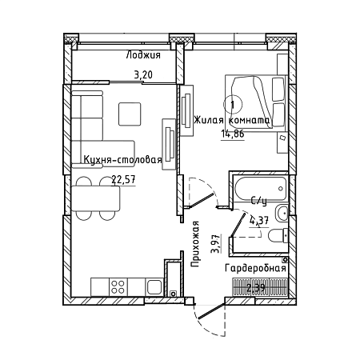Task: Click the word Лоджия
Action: (143, 55)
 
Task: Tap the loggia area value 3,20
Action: (143, 74)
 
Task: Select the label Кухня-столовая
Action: (123, 159)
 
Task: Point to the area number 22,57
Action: (123, 180)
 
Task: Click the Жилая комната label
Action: (232, 120)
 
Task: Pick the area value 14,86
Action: (233, 134)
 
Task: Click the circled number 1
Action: (233, 105)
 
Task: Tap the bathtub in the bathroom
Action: (261, 189)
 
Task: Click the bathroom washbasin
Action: (282, 213)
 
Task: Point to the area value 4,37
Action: (259, 221)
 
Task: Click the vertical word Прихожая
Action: (195, 244)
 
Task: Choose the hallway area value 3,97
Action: (215, 243)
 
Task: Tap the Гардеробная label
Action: (255, 268)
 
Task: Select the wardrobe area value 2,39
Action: (256, 288)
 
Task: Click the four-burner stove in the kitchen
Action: (118, 286)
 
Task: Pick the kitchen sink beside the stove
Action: (154, 287)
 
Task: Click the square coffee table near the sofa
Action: (130, 114)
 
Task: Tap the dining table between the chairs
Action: (95, 199)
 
